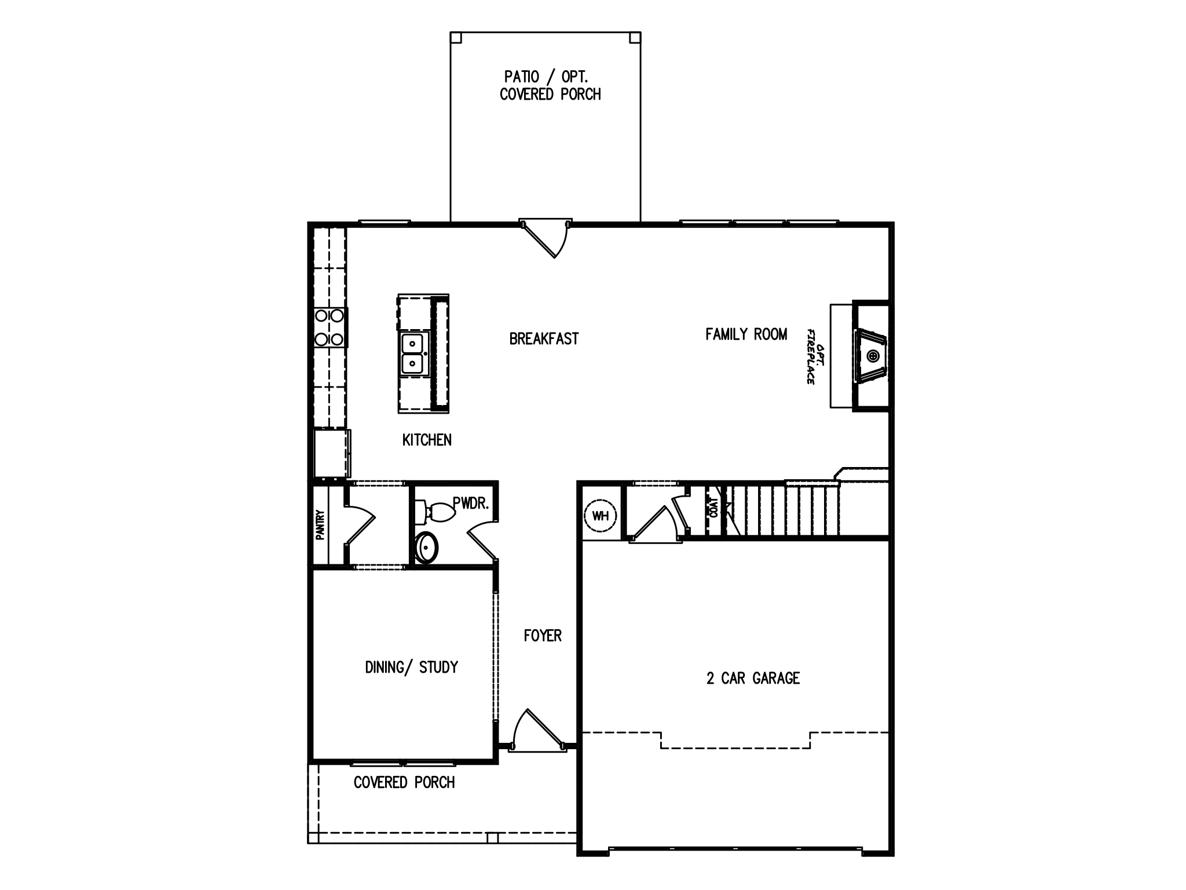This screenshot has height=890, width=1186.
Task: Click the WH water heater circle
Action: click(x=601, y=515)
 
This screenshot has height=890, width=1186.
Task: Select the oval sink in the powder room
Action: click(x=427, y=546)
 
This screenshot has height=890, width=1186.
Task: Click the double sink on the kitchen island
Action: click(x=413, y=354)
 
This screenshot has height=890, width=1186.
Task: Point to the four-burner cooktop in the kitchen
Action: click(x=329, y=327)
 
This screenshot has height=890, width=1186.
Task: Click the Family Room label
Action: click(x=746, y=334)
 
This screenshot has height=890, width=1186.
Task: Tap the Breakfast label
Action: click(x=544, y=339)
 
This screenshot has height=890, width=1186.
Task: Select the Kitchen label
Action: click(x=427, y=440)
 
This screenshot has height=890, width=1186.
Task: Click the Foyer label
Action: click(x=543, y=636)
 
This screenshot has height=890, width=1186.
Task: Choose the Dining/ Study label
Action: click(x=411, y=667)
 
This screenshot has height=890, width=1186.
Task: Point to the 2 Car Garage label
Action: click(x=753, y=678)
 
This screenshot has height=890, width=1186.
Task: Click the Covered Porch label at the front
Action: click(x=404, y=782)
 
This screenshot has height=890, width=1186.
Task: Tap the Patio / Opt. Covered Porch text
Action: click(x=550, y=85)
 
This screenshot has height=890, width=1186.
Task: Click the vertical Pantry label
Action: click(x=320, y=524)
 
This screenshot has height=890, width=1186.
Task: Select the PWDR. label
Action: click(x=471, y=504)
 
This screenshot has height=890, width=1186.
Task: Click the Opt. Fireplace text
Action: click(x=815, y=356)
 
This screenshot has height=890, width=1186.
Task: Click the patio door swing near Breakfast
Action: click(x=548, y=240)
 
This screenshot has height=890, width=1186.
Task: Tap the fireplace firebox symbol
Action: click(x=872, y=356)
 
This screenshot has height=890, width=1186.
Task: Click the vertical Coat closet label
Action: click(x=713, y=508)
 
